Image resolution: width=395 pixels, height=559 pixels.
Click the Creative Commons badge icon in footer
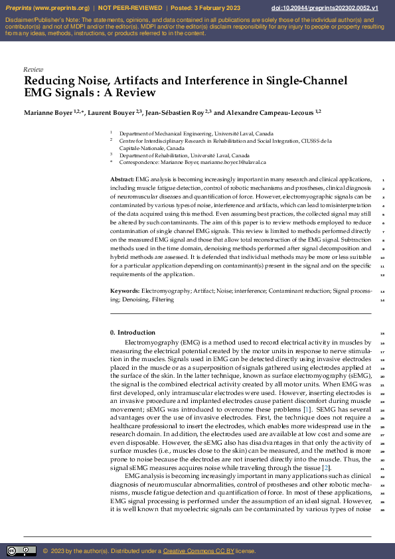pyautogui.click(x=21, y=551)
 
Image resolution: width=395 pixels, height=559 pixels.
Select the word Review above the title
pyautogui.click(x=33, y=69)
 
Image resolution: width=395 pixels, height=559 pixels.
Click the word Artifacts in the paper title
pyautogui.click(x=133, y=81)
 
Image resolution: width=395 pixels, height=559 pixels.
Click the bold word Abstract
pyautogui.click(x=121, y=180)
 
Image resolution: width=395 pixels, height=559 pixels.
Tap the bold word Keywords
pyautogui.click(x=125, y=291)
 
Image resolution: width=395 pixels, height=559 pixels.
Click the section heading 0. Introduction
pyautogui.click(x=132, y=333)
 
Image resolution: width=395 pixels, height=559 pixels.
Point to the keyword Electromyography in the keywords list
pyautogui.click(x=166, y=291)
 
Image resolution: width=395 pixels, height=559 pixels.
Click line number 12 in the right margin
pyautogui.click(x=382, y=275)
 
